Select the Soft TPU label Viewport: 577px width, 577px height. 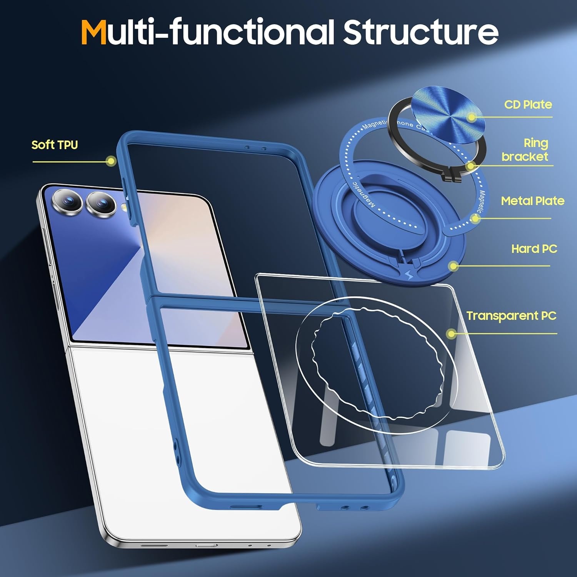tap(55, 145)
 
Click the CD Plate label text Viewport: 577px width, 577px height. tap(528, 105)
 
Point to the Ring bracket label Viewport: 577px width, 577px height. tap(525, 150)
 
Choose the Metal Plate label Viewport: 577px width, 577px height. tap(532, 201)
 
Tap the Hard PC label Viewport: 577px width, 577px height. tap(534, 249)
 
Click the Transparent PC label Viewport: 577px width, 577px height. tap(511, 316)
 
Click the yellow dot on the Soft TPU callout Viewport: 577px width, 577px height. tap(111, 161)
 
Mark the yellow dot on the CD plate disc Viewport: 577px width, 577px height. tap(472, 117)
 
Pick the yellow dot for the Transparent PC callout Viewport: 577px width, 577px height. tap(452, 334)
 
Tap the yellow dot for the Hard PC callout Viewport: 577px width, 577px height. tap(454, 266)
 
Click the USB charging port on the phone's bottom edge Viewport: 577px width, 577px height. tap(206, 545)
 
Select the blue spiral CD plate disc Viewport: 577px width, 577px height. tap(448, 114)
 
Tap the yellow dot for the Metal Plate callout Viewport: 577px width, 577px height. tap(475, 218)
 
